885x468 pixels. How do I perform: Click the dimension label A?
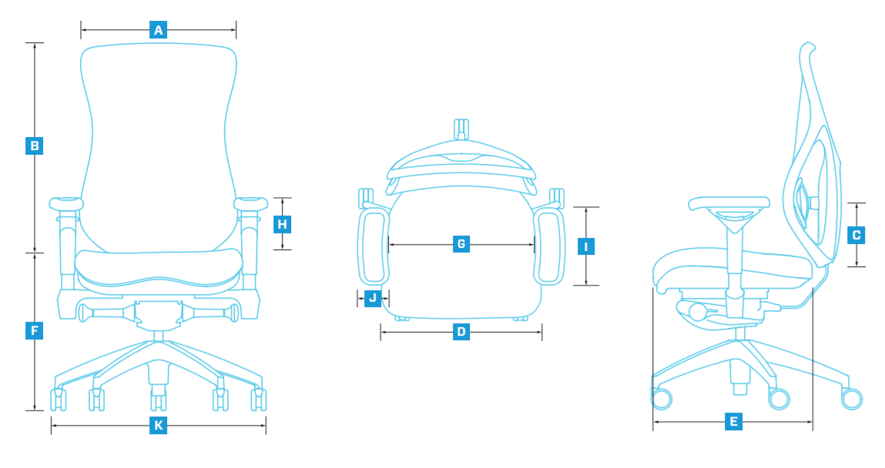click(159, 30)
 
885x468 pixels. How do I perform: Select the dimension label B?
click(35, 145)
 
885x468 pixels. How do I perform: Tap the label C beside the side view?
click(856, 235)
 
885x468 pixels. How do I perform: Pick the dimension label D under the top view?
click(461, 333)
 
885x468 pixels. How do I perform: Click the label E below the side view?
click(733, 421)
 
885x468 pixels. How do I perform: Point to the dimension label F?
click(35, 332)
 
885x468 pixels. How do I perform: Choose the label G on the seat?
click(461, 245)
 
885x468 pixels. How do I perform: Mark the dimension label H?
click(283, 224)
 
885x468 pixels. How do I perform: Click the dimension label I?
click(586, 246)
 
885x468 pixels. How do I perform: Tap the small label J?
click(373, 297)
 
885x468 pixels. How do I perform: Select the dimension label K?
click(158, 425)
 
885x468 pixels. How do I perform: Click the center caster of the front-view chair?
click(158, 399)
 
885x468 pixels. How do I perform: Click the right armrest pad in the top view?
click(549, 248)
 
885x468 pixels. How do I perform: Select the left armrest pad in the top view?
click(373, 248)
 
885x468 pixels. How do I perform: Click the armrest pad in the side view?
click(729, 204)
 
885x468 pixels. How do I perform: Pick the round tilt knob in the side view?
click(697, 312)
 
